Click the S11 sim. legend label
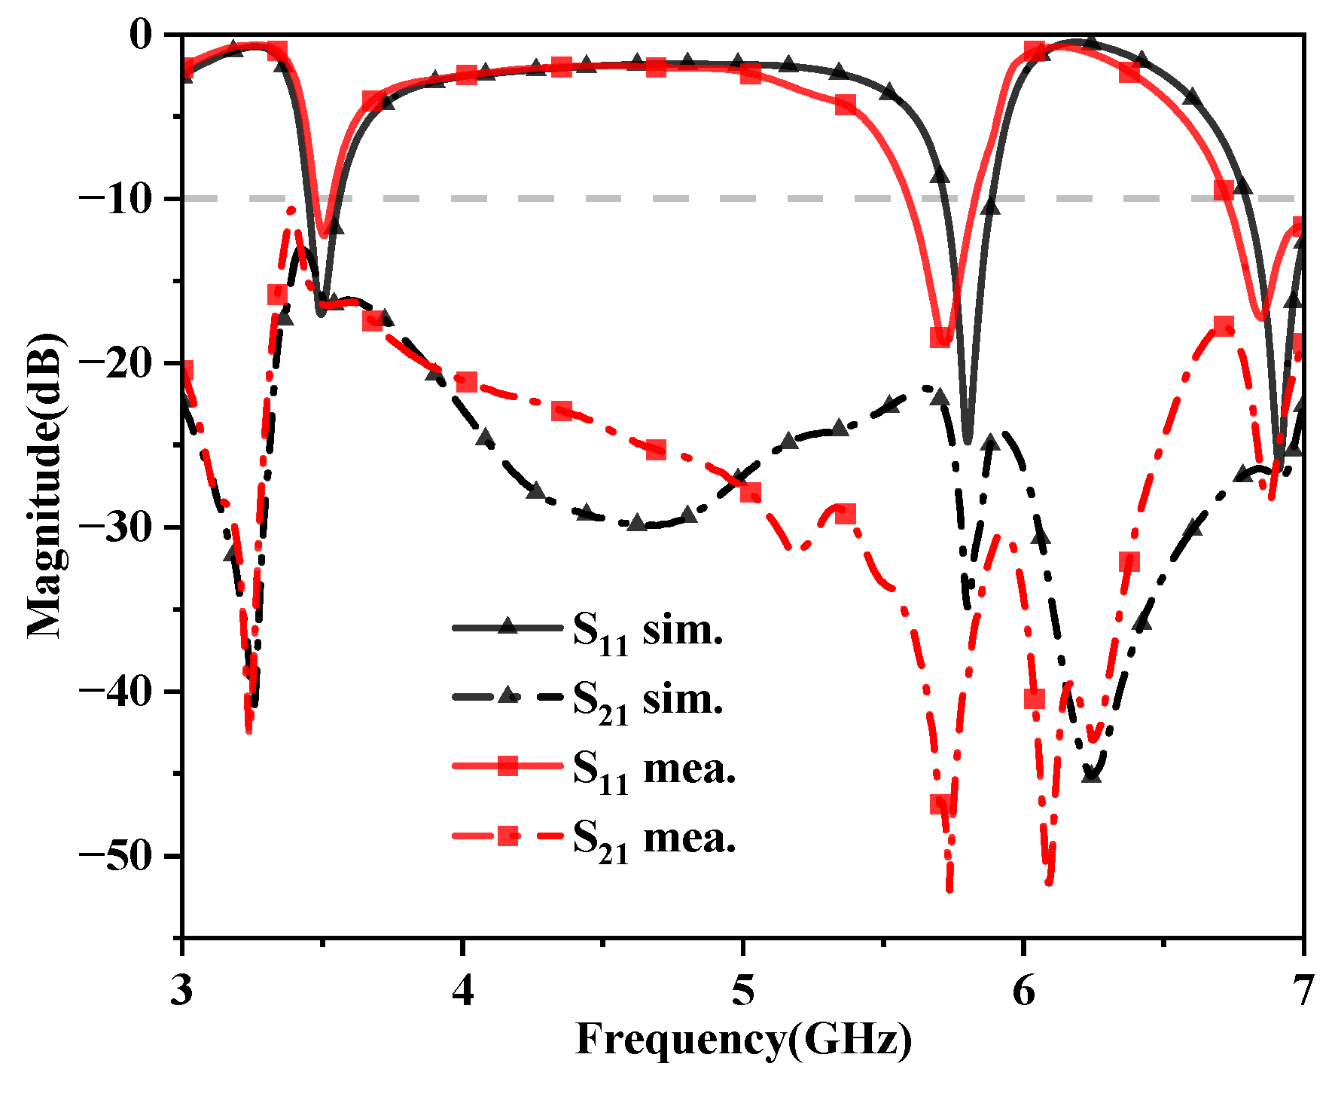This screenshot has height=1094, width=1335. tap(648, 631)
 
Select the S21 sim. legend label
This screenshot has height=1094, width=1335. tap(648, 701)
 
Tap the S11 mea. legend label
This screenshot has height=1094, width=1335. tap(654, 770)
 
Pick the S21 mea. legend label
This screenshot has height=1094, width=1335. tap(654, 839)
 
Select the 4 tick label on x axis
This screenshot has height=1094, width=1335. tap(463, 989)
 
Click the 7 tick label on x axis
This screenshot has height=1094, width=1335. tap(1303, 989)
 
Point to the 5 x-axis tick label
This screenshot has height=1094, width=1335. tap(743, 989)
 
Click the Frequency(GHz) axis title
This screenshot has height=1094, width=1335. tap(743, 1041)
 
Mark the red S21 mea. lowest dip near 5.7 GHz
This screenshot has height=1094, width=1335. tap(949, 889)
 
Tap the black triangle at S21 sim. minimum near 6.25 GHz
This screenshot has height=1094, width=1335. tap(1091, 774)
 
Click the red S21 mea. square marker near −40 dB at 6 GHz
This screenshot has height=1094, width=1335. tap(1035, 699)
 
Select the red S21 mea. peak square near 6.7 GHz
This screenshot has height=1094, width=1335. tap(1224, 327)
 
